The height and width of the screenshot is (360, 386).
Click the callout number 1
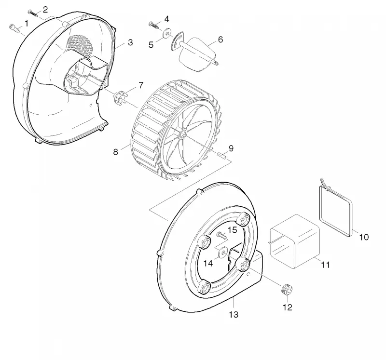click(27, 23)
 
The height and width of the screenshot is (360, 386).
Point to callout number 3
click(130, 42)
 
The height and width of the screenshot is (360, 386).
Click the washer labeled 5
click(168, 33)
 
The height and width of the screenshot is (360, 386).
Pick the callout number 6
click(221, 40)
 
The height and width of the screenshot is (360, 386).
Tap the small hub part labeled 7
click(120, 98)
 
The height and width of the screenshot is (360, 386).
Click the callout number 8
click(115, 152)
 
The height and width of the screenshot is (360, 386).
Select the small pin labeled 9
click(222, 156)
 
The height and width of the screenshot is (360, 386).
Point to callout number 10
click(364, 237)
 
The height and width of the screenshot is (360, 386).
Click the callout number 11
click(325, 265)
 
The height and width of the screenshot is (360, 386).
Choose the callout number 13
click(234, 314)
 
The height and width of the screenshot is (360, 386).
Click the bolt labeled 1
click(14, 28)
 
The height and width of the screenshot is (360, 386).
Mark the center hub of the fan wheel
click(183, 134)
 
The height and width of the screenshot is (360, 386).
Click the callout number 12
click(287, 307)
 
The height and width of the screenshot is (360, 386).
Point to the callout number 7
click(141, 85)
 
